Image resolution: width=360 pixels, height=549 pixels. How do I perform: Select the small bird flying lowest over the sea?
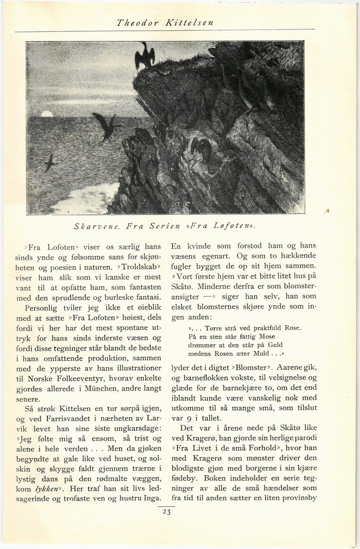(x=49, y=163)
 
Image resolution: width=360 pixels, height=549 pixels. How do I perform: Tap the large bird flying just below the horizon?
(x=107, y=126)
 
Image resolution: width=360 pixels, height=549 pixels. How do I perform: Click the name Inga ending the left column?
(x=151, y=498)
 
